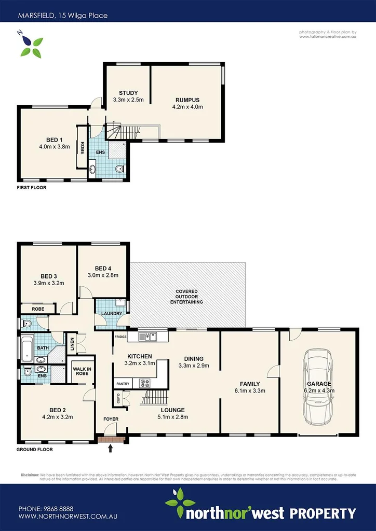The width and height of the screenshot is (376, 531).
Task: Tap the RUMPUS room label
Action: (187, 100)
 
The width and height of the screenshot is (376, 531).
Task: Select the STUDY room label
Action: (128, 93)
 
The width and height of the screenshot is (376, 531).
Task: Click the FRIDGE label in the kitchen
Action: (120, 337)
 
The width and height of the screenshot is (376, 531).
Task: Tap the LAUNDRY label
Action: (112, 314)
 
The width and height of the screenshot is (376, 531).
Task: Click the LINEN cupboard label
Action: (72, 343)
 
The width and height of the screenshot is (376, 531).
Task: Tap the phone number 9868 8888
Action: (59, 509)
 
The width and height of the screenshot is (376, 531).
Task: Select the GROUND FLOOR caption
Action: (34, 450)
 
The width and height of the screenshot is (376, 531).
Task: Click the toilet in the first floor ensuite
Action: (119, 168)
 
